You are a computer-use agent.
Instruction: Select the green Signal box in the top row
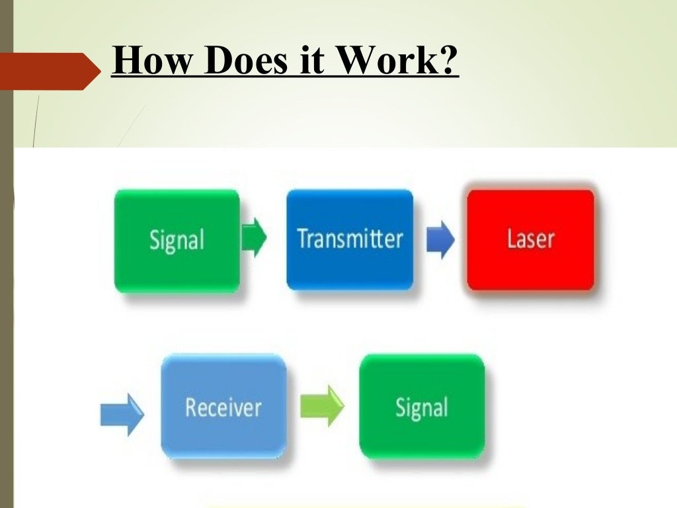click(x=177, y=241)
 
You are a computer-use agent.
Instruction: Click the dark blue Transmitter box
click(x=350, y=239)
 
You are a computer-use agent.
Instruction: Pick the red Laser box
click(x=531, y=239)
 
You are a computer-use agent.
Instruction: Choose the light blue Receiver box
click(x=223, y=406)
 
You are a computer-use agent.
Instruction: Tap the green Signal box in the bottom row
click(x=422, y=406)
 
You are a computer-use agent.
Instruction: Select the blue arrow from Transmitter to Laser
click(x=440, y=239)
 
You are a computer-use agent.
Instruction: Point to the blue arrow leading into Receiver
click(x=122, y=414)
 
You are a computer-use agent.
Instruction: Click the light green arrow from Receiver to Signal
click(x=322, y=405)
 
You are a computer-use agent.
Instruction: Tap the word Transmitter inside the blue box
click(x=350, y=238)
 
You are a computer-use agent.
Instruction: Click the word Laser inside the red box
click(x=531, y=238)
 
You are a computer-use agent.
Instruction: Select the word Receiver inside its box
click(x=223, y=407)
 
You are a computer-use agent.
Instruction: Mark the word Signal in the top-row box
click(x=177, y=240)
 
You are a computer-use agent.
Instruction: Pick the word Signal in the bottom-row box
click(x=422, y=407)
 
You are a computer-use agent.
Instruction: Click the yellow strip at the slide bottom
click(x=364, y=505)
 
